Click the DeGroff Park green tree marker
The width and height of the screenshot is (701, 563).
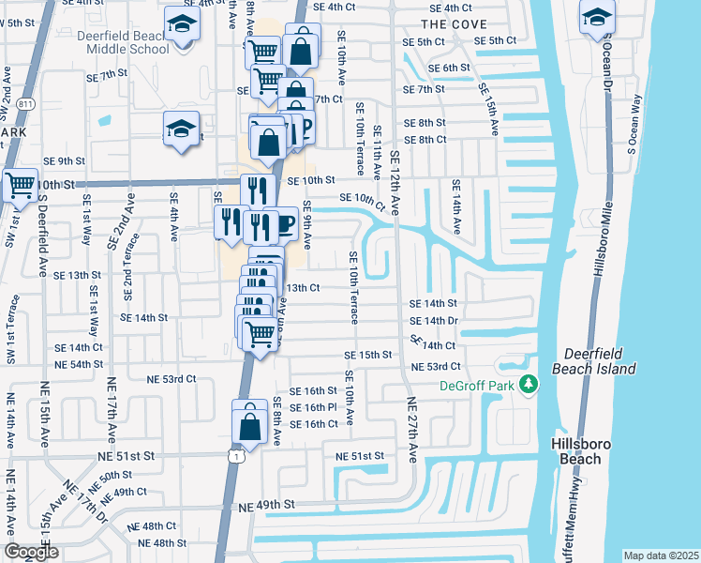(528, 385)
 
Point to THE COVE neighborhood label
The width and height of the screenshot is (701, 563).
(449, 23)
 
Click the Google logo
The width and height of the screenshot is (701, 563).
(31, 551)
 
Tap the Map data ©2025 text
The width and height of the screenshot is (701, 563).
(661, 555)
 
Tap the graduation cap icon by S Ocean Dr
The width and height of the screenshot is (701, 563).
(596, 18)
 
